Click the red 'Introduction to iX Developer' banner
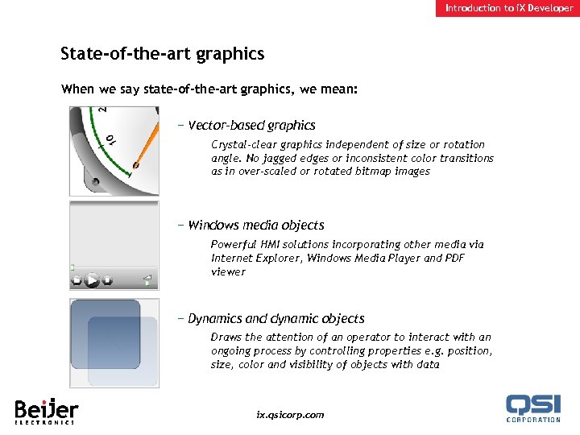(x=509, y=8)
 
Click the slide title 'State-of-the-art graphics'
(x=162, y=54)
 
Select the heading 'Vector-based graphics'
(x=251, y=126)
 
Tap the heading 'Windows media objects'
(x=256, y=226)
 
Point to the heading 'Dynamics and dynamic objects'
(x=275, y=319)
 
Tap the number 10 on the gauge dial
(x=110, y=140)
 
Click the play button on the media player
(x=92, y=280)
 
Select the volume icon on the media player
(x=147, y=280)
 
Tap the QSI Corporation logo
(x=532, y=408)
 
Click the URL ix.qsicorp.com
(x=290, y=415)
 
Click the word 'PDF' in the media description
(x=476, y=258)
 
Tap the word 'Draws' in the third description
(x=226, y=338)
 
